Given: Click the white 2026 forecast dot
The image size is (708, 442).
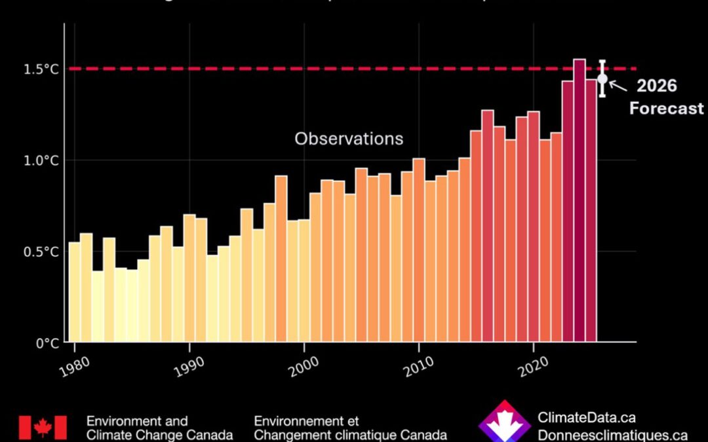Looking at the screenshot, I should [602, 79].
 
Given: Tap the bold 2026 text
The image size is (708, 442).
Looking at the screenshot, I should [656, 86].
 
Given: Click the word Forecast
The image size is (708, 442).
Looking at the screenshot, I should [666, 108].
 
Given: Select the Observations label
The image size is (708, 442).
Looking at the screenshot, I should [349, 139].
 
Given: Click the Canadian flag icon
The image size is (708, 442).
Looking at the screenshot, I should [43, 428].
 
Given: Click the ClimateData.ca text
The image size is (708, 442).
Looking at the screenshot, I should [586, 418].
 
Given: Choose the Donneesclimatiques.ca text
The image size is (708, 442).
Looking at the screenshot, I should [612, 435].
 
